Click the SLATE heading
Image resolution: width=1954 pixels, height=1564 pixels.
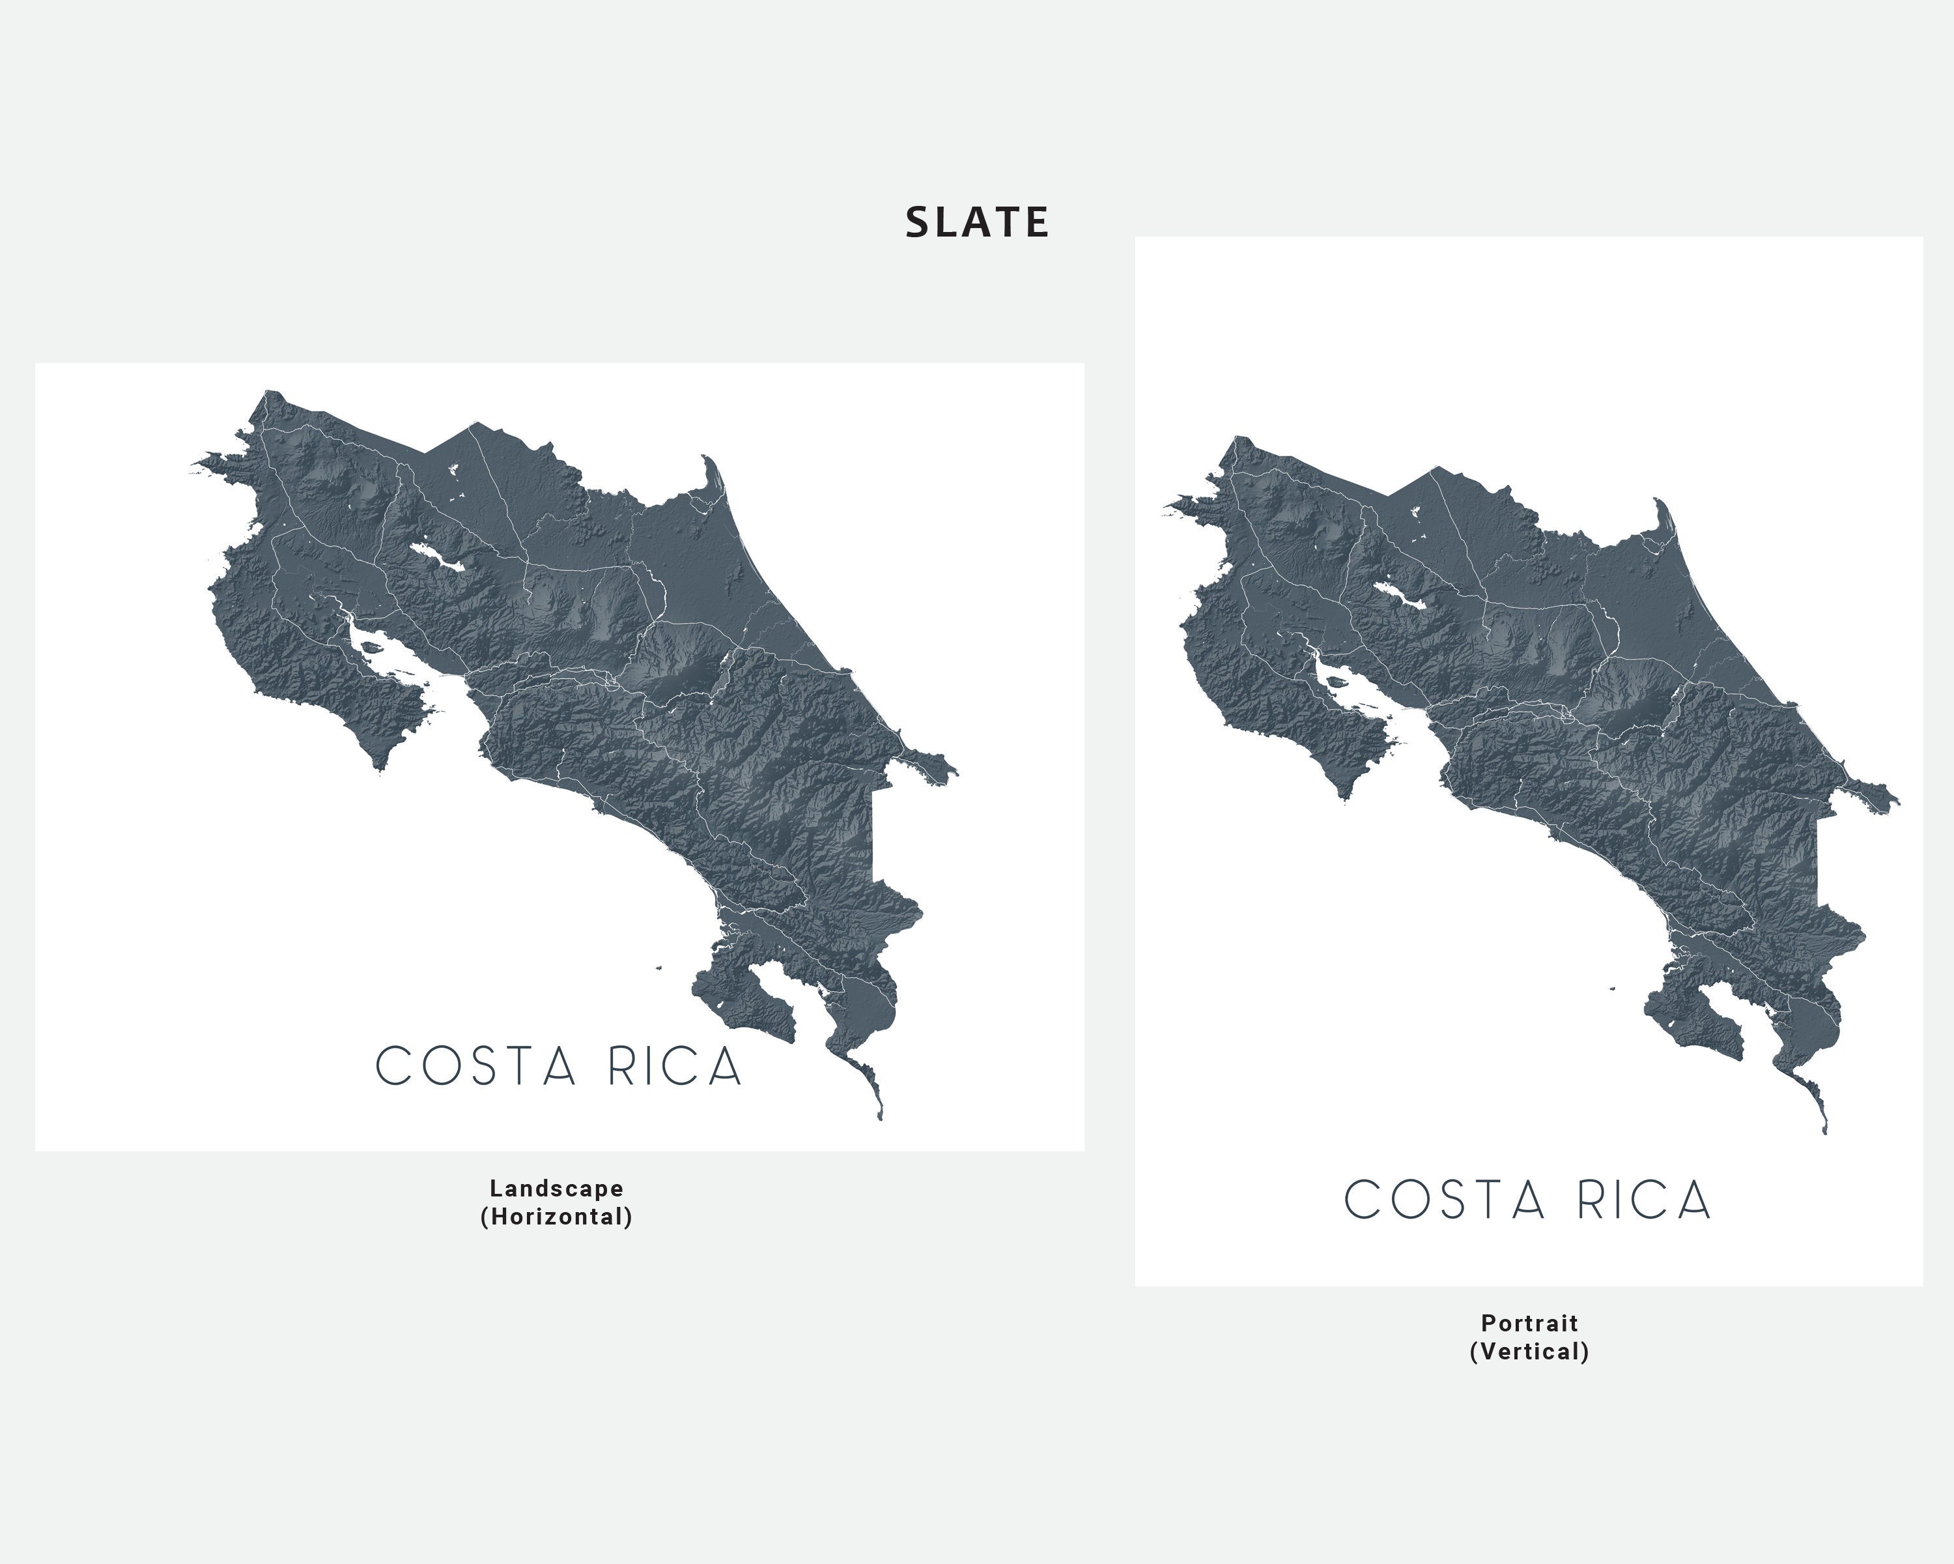pyautogui.click(x=977, y=223)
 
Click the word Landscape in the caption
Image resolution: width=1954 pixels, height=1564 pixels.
pyautogui.click(x=556, y=1189)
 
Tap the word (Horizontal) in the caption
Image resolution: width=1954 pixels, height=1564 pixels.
pyautogui.click(x=556, y=1217)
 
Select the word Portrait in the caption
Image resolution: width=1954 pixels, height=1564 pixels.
pyautogui.click(x=1529, y=1323)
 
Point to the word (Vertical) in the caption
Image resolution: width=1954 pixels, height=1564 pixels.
pyautogui.click(x=1529, y=1352)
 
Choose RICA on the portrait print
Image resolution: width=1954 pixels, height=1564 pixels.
pyautogui.click(x=1643, y=1200)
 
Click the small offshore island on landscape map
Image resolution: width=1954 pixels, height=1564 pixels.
pyautogui.click(x=660, y=968)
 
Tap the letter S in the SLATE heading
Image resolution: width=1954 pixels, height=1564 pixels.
pyautogui.click(x=917, y=223)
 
